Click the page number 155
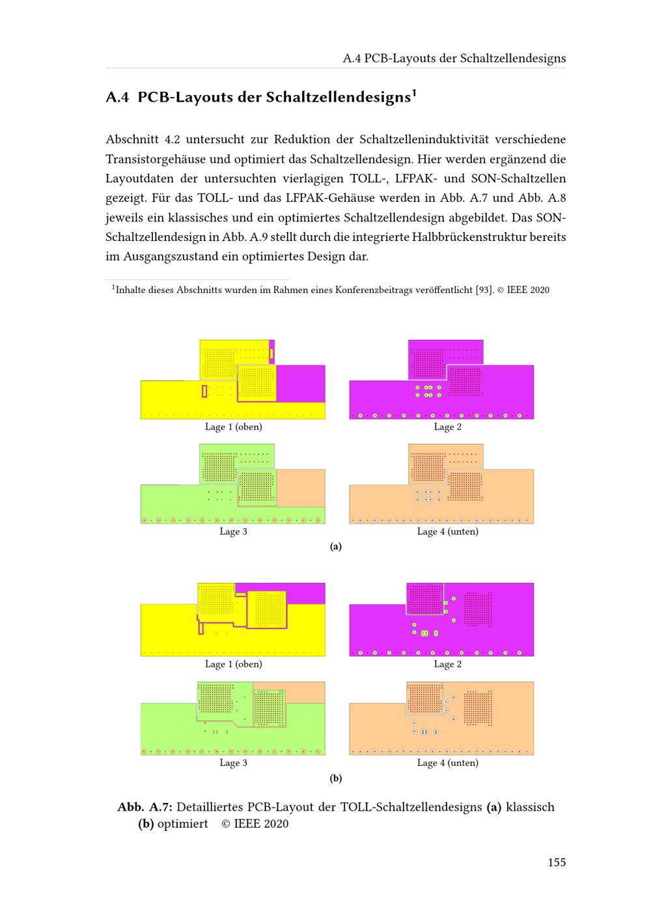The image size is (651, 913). [556, 862]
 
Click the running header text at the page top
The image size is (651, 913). [454, 58]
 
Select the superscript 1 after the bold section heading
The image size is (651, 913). [413, 92]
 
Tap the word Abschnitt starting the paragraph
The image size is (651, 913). [131, 139]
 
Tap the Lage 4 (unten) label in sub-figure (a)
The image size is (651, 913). [448, 531]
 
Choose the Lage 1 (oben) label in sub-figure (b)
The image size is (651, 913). [233, 664]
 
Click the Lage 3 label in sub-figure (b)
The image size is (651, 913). [233, 763]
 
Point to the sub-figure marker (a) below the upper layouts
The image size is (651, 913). [336, 547]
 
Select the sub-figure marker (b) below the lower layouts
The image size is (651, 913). [336, 778]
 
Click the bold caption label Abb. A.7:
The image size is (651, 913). [145, 807]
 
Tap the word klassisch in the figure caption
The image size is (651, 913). [530, 807]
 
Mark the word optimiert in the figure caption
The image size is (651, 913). [183, 824]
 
